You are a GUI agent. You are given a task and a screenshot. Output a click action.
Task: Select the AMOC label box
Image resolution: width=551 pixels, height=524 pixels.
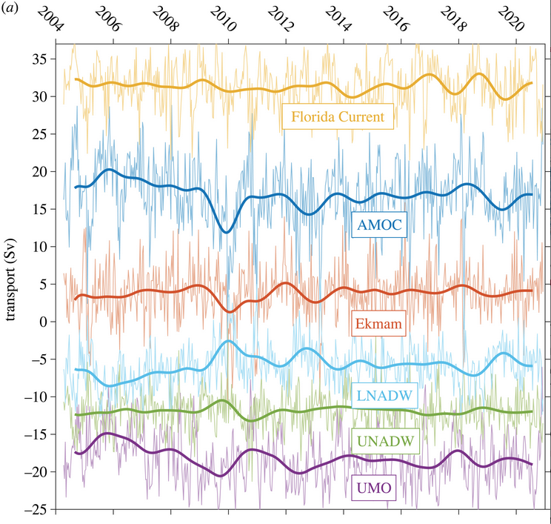pos(381,226)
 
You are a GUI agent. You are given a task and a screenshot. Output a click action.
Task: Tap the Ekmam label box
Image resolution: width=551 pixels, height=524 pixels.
pos(378,324)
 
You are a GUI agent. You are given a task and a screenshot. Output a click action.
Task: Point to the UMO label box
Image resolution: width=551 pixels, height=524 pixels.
pos(373,488)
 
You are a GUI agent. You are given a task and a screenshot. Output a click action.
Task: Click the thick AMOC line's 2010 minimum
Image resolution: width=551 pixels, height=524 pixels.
pos(227,232)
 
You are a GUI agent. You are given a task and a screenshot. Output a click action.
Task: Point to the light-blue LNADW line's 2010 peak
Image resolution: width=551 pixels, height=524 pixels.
pos(228,341)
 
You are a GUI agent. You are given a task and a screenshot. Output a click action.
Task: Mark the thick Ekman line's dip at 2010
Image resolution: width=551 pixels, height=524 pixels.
pos(230,311)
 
